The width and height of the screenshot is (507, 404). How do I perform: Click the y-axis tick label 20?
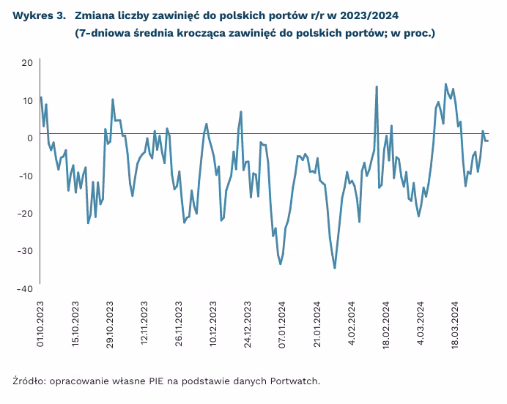pos(27,63)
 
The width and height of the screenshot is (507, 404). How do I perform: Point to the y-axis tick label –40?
pos(24,289)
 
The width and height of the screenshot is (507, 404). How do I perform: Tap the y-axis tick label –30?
pos(24,251)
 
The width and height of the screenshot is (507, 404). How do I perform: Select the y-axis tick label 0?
pos(29,138)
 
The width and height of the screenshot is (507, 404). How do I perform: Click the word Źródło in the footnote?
pos(29,381)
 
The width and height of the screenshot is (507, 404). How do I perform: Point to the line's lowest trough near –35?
pos(335,268)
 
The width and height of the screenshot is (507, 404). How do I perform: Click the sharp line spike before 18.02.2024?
pos(377,87)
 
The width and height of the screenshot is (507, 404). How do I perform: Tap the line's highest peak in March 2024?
pos(445,84)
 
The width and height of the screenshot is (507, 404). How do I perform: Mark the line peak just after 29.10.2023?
pos(113,100)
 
